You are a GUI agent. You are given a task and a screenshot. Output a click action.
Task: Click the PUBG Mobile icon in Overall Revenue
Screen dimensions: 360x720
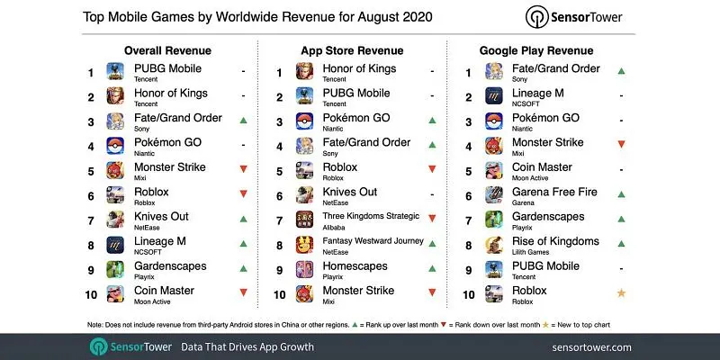pyautogui.click(x=115, y=72)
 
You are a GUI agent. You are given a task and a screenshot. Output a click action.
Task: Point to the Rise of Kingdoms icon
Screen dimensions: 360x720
pyautogui.click(x=494, y=243)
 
